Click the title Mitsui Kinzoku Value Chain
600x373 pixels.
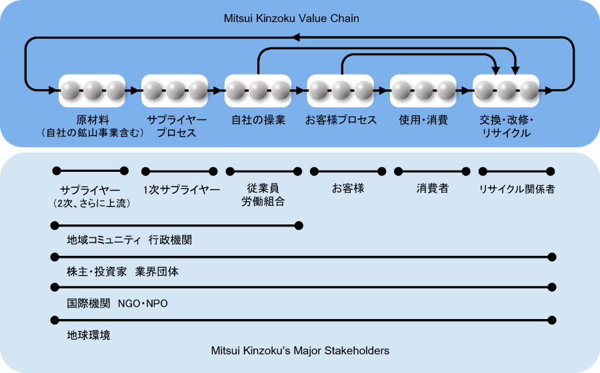click(291, 19)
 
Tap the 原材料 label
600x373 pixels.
click(93, 121)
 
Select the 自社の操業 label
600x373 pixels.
click(258, 121)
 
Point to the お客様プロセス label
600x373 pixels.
click(341, 121)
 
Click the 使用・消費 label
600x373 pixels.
click(423, 121)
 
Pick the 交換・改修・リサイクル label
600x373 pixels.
click(507, 127)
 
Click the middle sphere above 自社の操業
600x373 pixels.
click(258, 90)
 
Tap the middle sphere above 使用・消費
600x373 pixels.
click(423, 90)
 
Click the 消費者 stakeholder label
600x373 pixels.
click(433, 188)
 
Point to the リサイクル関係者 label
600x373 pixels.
click(517, 189)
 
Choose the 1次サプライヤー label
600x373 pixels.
click(181, 189)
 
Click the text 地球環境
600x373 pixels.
click(89, 335)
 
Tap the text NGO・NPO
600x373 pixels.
click(143, 304)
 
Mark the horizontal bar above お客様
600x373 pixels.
click(348, 171)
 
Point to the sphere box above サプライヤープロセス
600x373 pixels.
click(175, 90)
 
